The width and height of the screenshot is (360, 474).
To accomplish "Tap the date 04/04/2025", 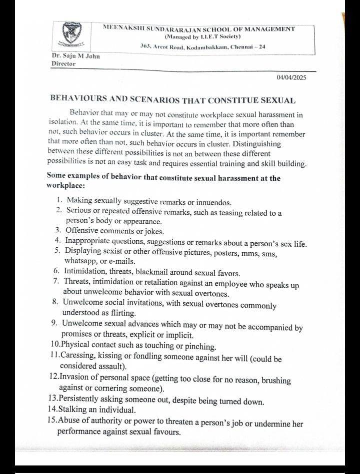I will [x=291, y=77].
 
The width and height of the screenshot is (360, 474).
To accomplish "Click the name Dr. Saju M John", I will [x=75, y=56].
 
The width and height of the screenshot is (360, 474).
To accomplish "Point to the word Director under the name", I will [x=63, y=64].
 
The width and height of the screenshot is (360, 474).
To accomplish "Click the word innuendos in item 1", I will [x=214, y=202].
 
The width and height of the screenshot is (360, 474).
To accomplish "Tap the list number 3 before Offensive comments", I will [x=58, y=231].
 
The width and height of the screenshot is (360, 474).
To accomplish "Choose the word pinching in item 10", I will [x=198, y=346].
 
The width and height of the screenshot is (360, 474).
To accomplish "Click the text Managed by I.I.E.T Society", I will [x=202, y=36].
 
